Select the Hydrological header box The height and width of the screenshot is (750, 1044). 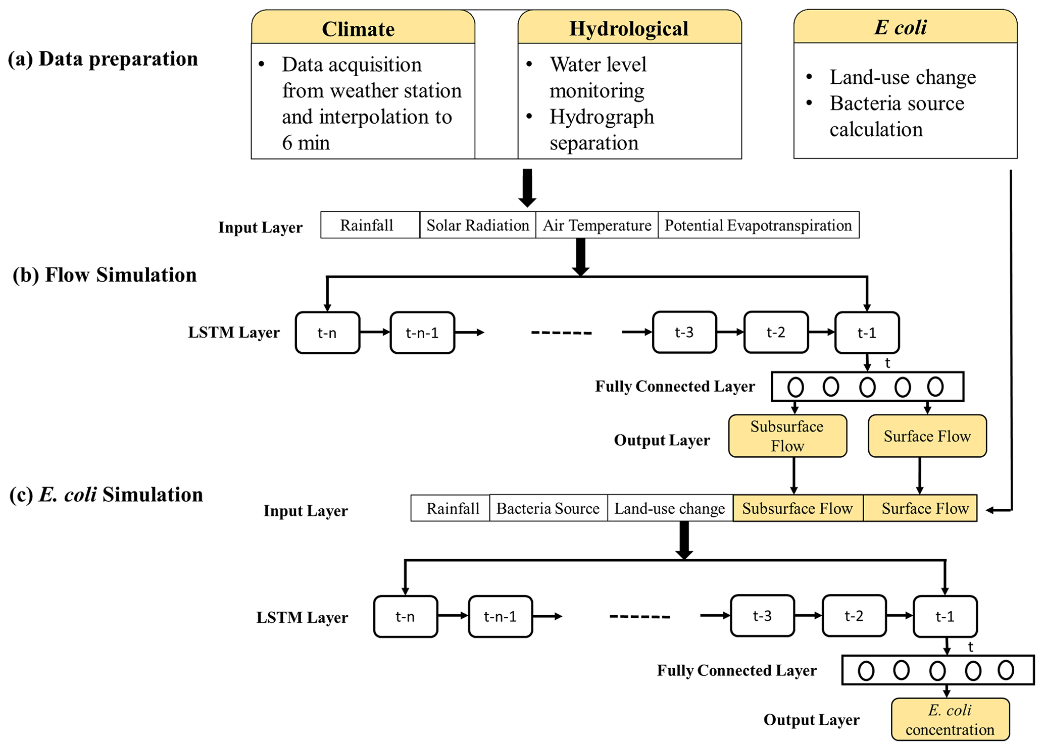(629, 28)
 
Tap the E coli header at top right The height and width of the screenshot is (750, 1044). (905, 27)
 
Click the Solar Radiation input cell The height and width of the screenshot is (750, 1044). (477, 225)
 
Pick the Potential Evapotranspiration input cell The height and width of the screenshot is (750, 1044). (758, 225)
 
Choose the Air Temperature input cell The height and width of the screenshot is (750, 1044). (596, 225)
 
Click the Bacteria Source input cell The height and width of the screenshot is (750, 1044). (548, 508)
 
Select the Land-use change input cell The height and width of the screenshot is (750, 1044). (670, 508)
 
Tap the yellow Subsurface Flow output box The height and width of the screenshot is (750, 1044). (787, 436)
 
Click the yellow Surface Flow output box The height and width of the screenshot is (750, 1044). (927, 436)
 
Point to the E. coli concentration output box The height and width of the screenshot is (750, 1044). (950, 719)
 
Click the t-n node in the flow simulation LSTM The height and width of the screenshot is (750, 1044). (327, 333)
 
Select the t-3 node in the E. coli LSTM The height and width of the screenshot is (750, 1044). (762, 616)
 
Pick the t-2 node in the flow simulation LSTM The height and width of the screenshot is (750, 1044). (776, 333)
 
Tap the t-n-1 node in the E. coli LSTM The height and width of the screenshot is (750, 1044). (500, 617)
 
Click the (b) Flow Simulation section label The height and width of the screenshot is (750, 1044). (105, 275)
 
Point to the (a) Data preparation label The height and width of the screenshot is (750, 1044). (103, 59)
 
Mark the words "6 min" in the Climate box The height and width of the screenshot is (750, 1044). (306, 143)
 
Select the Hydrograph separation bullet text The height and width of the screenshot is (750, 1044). (601, 130)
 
